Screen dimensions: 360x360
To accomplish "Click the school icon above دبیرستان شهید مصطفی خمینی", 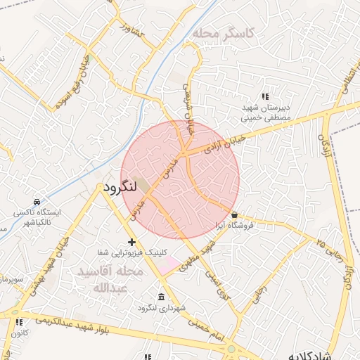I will [x=265, y=96].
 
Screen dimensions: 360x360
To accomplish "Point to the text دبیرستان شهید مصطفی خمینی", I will [x=266, y=112].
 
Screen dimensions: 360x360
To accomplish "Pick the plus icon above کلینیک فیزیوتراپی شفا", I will [x=131, y=241].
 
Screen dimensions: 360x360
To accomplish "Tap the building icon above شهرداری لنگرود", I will [x=162, y=296].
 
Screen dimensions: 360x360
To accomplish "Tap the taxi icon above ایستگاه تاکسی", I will [x=37, y=202].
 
